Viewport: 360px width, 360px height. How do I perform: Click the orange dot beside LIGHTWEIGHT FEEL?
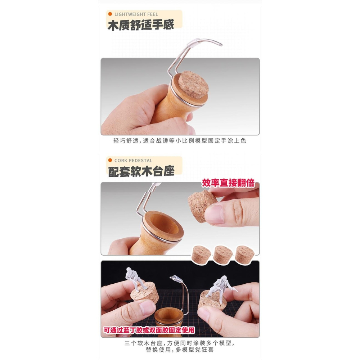click(x=110, y=14)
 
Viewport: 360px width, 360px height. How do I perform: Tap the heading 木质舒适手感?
click(x=140, y=25)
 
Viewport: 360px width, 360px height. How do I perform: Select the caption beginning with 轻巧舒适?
click(x=180, y=141)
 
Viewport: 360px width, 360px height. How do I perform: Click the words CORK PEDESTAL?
click(x=133, y=161)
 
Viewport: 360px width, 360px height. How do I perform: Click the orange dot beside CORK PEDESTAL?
click(x=110, y=161)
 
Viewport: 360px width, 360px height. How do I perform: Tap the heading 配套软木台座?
click(x=141, y=171)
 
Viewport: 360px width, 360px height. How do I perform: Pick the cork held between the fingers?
click(x=202, y=206)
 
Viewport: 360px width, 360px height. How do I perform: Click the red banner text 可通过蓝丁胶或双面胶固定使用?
click(x=149, y=330)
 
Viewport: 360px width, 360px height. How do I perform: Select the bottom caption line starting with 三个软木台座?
click(x=180, y=343)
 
